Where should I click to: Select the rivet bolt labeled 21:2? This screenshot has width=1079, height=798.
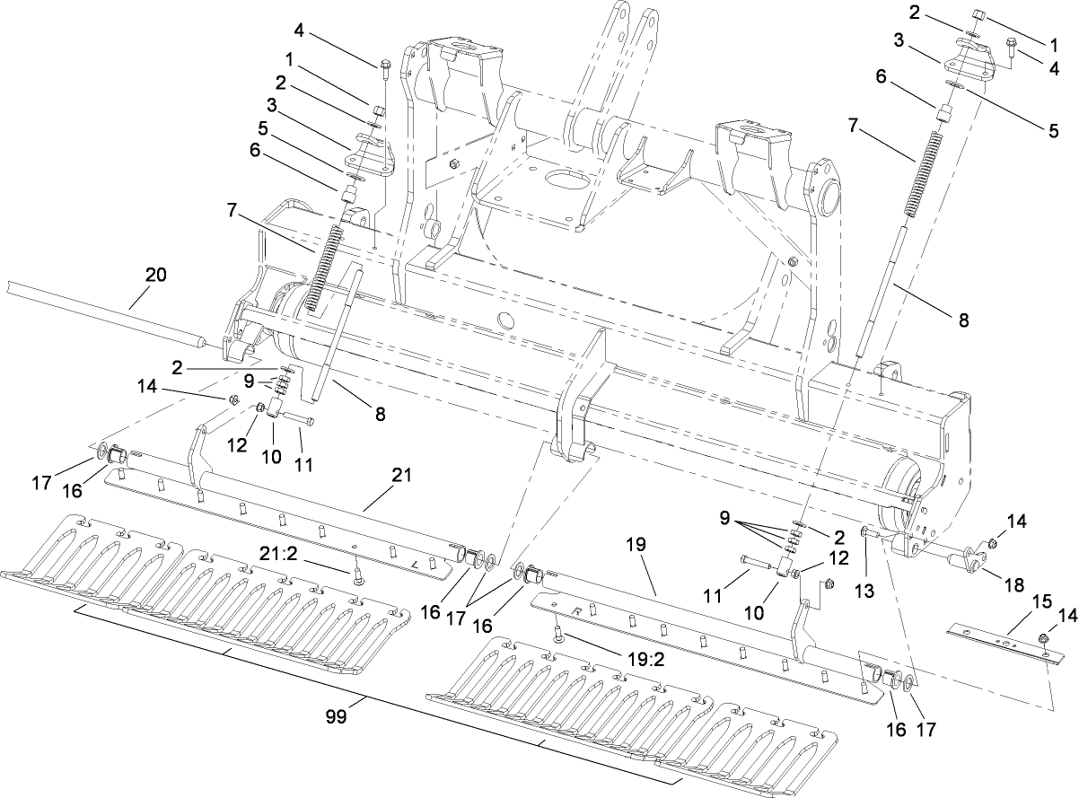[357, 576]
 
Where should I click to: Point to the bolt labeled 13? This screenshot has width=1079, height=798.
[867, 534]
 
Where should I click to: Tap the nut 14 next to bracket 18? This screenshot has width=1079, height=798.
[993, 543]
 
